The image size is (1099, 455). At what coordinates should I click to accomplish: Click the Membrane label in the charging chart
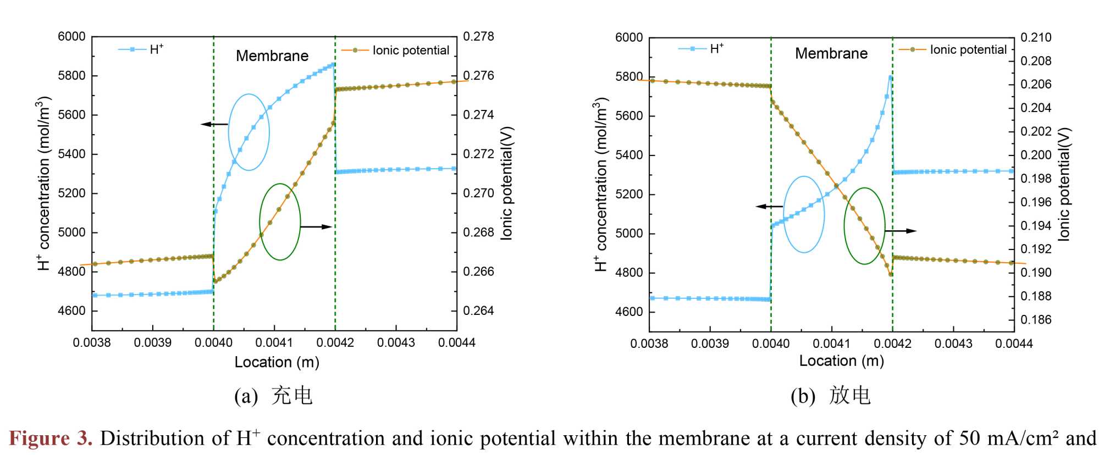click(x=272, y=56)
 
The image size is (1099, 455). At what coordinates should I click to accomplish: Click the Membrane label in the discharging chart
click(x=831, y=54)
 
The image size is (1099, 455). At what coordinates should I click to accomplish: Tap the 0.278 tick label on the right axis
click(x=478, y=37)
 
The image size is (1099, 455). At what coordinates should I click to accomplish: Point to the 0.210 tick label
click(x=1036, y=38)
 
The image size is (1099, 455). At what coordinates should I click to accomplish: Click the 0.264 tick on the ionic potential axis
click(x=478, y=311)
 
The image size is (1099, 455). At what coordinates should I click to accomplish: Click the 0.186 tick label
click(x=1036, y=320)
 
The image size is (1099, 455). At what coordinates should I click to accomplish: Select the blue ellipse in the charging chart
click(x=248, y=132)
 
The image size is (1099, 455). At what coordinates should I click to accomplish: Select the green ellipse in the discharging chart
click(x=864, y=226)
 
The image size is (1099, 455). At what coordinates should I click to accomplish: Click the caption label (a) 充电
click(x=273, y=396)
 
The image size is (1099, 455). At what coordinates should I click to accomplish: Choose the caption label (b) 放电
click(x=831, y=396)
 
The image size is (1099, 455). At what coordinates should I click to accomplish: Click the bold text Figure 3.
click(x=51, y=439)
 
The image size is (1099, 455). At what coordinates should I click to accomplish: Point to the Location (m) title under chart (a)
click(x=277, y=362)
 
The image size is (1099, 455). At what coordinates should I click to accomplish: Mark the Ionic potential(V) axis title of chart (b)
click(x=1064, y=184)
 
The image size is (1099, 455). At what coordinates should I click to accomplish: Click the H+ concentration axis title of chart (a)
click(x=44, y=184)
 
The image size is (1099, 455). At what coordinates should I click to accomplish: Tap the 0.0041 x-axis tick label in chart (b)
click(x=831, y=344)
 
